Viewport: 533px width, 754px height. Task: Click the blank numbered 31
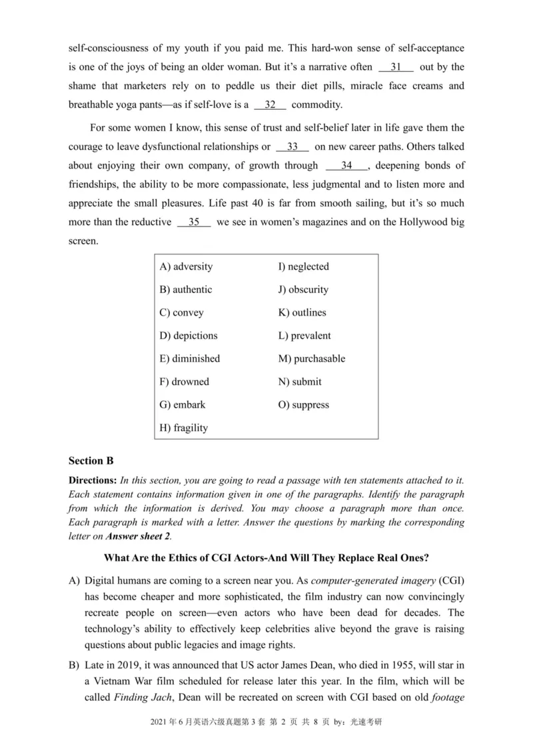[x=396, y=67]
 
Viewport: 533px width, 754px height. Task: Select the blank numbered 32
[x=270, y=105]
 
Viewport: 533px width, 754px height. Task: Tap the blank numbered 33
[x=292, y=147]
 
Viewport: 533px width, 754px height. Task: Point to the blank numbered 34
[x=346, y=166]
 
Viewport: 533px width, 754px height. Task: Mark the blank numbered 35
[x=194, y=222]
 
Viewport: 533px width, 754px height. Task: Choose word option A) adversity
[x=187, y=266]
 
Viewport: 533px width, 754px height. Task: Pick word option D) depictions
[x=189, y=336]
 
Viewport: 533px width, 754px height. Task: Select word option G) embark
[x=183, y=405]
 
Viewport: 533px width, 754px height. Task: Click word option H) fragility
[x=184, y=428]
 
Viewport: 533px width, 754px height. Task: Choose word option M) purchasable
[x=312, y=358]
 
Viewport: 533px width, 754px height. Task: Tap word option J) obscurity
[x=303, y=290]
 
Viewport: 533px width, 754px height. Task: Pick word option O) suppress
[x=304, y=405]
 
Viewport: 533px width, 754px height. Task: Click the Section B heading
[x=91, y=460]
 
